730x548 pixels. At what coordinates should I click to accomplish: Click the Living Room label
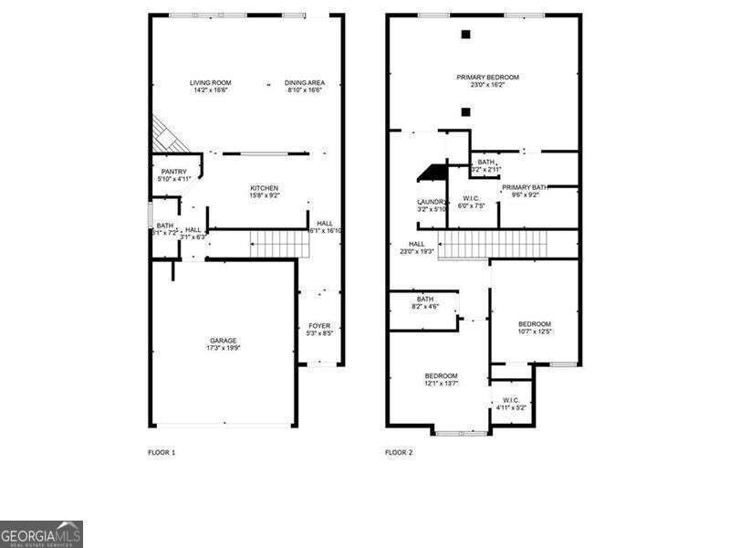[210, 83]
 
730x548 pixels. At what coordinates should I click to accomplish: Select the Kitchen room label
[264, 188]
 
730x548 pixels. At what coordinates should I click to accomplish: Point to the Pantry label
[173, 172]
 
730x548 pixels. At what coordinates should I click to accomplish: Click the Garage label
[224, 341]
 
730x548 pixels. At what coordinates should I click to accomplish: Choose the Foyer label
[318, 326]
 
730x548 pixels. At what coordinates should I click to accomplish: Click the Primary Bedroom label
[487, 78]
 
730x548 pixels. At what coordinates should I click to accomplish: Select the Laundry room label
[432, 202]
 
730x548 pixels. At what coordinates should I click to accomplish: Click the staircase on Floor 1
[271, 244]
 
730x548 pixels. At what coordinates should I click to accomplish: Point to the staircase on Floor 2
[494, 245]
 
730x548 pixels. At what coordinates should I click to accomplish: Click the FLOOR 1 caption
[162, 452]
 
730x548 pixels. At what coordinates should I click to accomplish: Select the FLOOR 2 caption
[399, 452]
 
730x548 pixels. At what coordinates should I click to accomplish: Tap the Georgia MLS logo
[41, 533]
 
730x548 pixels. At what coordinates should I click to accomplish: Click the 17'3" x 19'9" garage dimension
[224, 348]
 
